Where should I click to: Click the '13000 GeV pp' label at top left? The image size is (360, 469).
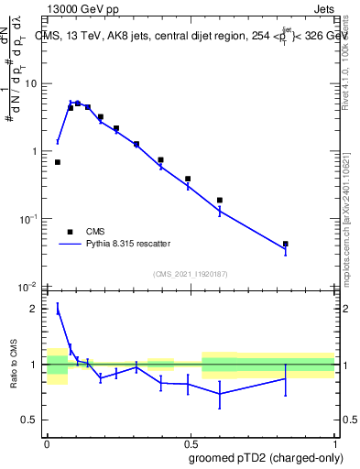79,8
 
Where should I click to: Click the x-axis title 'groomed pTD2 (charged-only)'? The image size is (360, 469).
265,457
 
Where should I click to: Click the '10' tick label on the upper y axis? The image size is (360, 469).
30,83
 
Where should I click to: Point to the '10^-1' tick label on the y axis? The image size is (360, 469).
28,218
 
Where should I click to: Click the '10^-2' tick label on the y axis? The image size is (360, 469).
28,286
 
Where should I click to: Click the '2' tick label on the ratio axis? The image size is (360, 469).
36,309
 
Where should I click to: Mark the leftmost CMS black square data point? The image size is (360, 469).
58,162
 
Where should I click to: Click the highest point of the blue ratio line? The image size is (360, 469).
58,309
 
